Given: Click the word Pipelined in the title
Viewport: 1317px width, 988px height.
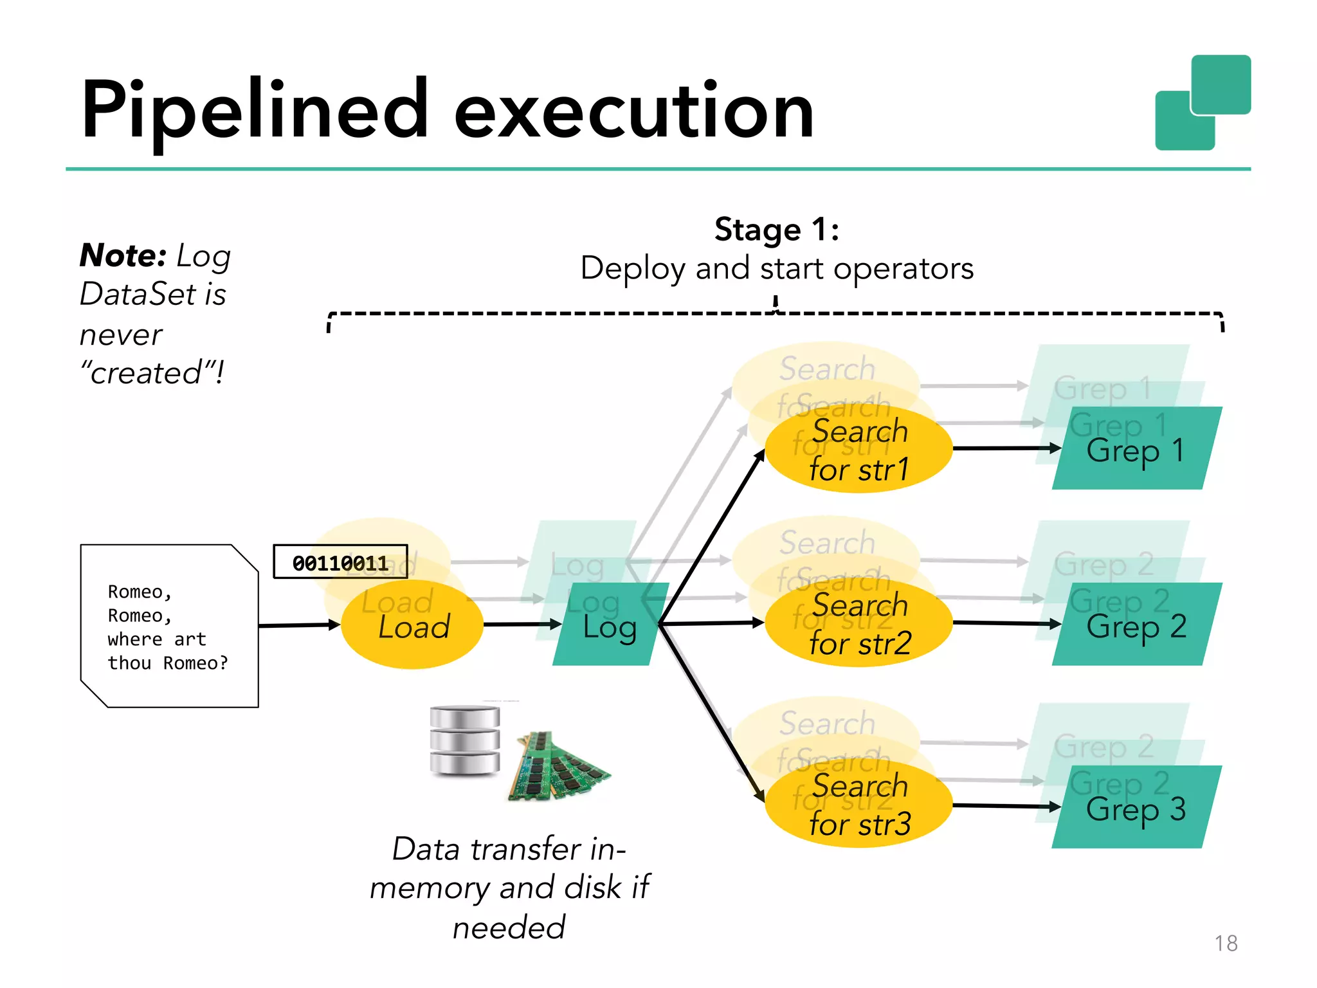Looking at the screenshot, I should (x=254, y=111).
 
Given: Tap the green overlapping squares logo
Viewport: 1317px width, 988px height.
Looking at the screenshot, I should (x=1203, y=103).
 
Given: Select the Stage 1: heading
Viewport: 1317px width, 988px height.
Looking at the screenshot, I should (x=777, y=230).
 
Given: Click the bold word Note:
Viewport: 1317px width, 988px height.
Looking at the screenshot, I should (x=123, y=255).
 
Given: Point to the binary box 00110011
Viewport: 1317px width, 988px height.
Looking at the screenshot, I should (x=340, y=562).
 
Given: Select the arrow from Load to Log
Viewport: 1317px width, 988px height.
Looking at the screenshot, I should (x=521, y=624).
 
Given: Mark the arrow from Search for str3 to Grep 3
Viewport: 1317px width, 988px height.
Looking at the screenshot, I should (x=1006, y=805).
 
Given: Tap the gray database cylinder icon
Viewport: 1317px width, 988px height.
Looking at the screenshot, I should (x=464, y=740).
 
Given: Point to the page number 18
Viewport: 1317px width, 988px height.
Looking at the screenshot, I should (x=1226, y=943).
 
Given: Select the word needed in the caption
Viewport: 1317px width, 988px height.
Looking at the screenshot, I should (x=508, y=928).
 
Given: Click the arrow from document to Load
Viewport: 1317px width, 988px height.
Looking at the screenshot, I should (x=299, y=625).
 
